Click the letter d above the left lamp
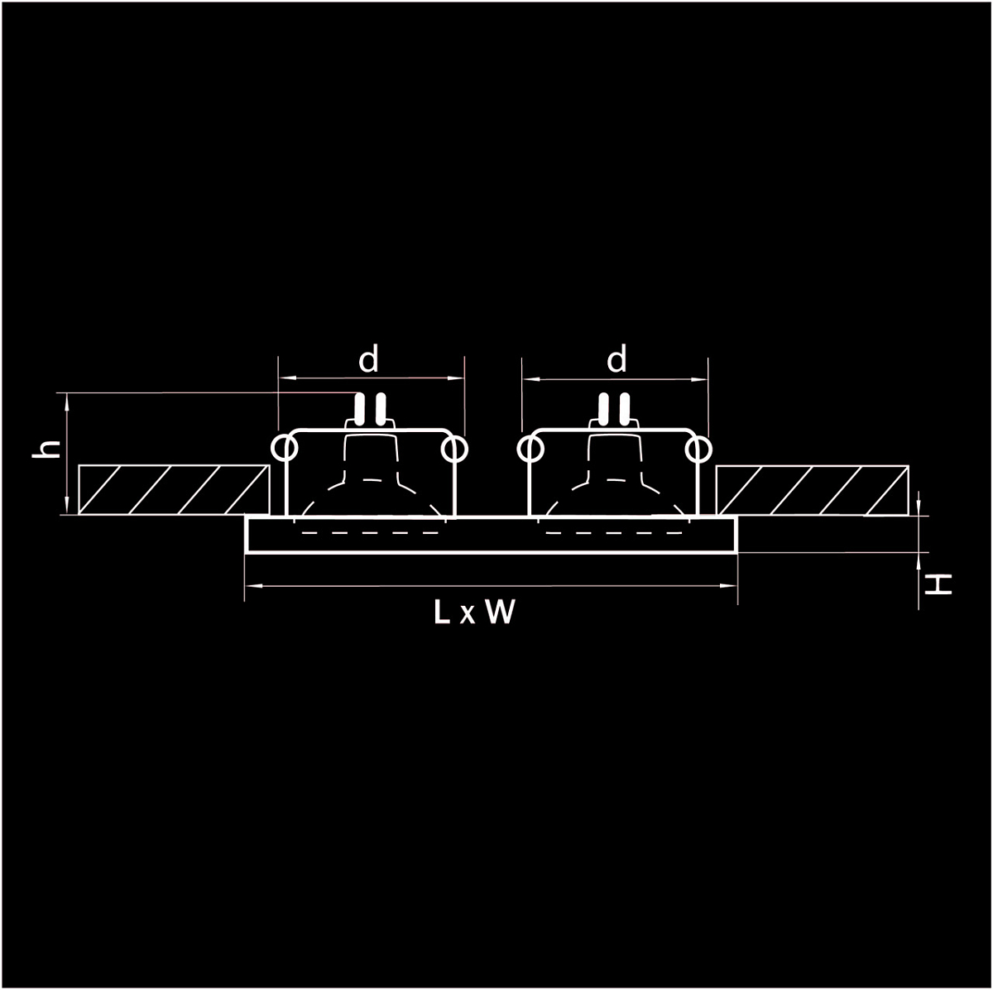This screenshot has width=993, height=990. pos(368,359)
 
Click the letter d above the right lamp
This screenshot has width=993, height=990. pos(616,359)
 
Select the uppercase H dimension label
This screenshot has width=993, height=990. pos(938,585)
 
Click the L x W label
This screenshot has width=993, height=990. pos(474,613)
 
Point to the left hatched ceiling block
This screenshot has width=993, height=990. pos(173,490)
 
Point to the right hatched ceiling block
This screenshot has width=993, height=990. pos(812,490)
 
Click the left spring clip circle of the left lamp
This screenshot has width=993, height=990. pos(284,449)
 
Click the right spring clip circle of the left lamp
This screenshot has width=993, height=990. pos(454,449)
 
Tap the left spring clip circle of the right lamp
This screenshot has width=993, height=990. pos(530,449)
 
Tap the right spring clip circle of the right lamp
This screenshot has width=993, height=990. pos(699,449)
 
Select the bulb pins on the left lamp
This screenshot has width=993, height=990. pos(369,408)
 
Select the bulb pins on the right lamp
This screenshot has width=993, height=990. pos(613,408)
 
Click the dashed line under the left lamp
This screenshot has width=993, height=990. pos(369,532)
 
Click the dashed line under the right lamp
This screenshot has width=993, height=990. pos(613,532)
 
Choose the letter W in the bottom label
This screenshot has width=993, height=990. pos(500,613)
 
